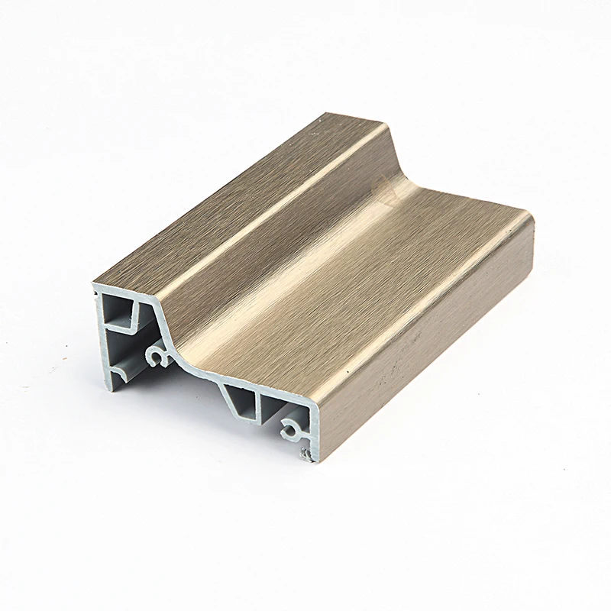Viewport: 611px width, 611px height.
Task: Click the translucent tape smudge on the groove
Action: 382,191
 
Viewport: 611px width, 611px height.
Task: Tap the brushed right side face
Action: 428,336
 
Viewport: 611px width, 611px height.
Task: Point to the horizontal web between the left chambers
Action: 122,330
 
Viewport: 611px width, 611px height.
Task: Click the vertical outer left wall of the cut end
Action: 99,336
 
